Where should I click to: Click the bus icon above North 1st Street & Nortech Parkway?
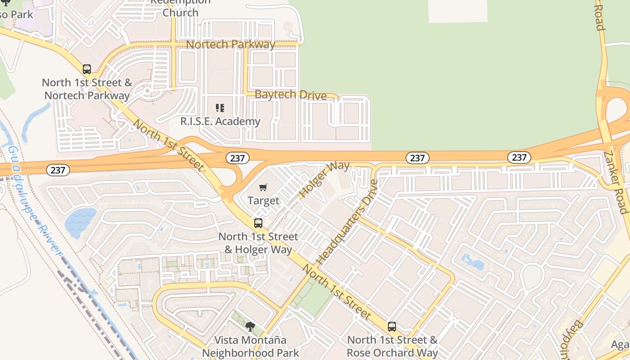coord(87,69)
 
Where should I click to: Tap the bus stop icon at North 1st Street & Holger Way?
coord(258,223)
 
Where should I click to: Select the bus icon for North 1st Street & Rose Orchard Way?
coord(392,327)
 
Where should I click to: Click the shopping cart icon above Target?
coord(263,187)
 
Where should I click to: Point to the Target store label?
coord(263,201)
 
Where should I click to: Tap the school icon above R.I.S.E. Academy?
coord(220,108)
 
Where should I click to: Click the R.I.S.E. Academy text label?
coord(220,121)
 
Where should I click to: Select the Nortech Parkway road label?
coord(230,45)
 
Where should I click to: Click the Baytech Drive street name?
coord(290,95)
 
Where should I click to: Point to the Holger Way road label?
coord(324,179)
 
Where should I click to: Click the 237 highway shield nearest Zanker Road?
coord(519,157)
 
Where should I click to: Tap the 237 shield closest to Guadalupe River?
coord(58,170)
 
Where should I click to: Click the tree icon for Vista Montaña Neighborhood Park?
coord(250,327)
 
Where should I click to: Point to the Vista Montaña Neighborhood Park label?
coord(250,346)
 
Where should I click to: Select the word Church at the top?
coord(180,13)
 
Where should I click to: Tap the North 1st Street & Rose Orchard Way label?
coord(392,346)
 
